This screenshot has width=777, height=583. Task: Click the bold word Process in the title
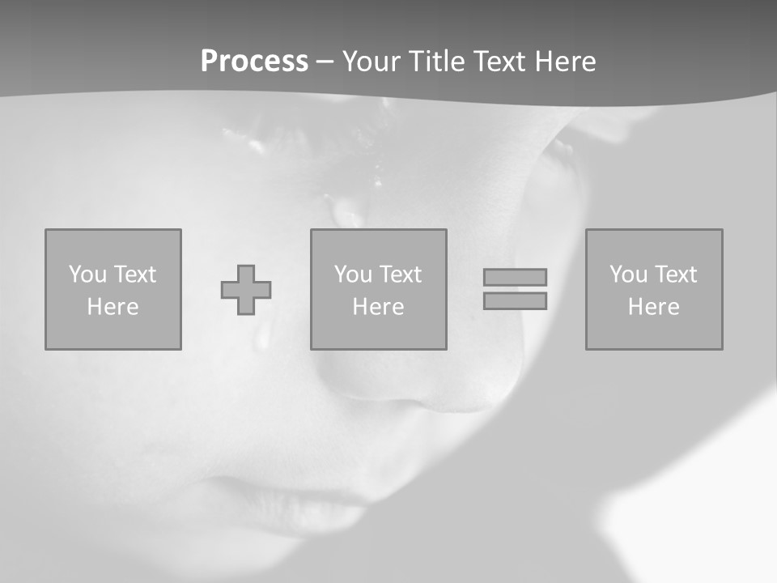pos(254,62)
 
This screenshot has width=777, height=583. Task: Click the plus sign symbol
pos(246,290)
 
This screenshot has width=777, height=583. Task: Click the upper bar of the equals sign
pos(515,277)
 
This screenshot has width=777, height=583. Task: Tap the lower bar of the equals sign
pos(515,300)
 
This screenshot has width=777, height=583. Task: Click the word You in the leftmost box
pos(87,274)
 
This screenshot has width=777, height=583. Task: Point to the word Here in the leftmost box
pos(113,307)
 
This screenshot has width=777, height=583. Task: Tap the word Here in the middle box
pos(379,307)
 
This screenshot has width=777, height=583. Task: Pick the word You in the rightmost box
pos(628,274)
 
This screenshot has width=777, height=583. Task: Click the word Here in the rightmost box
pos(654,307)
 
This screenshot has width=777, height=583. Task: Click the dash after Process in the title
pos(325,62)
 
